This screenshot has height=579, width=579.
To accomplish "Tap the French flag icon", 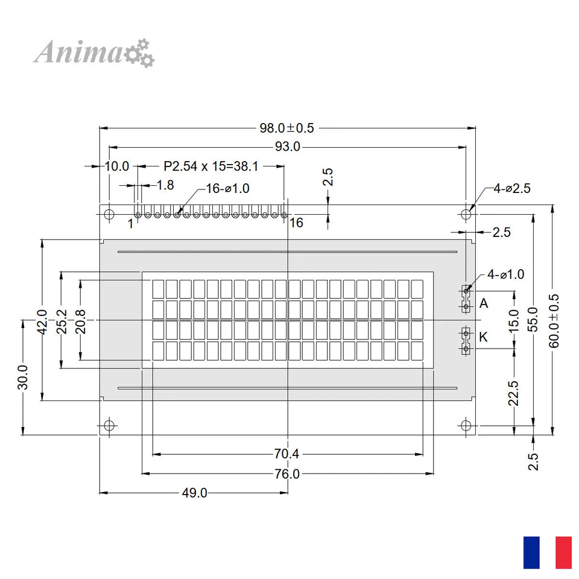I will point(547,552).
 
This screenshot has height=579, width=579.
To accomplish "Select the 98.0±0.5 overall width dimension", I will point(287,128).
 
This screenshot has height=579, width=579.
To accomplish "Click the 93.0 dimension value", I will point(287,147).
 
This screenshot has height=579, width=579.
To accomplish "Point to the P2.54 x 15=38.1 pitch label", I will point(210,166).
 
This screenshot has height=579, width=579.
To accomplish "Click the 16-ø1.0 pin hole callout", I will point(227,188).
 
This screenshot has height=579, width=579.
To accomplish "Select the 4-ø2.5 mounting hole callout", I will point(511,188).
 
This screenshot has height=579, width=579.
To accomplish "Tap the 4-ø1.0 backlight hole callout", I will point(505,274).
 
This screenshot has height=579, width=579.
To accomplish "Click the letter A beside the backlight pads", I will point(484,303).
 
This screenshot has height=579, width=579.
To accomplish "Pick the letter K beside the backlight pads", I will point(483,337).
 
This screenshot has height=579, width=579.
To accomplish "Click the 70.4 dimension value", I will point(287,454).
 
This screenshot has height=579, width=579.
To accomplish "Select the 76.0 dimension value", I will point(287,474).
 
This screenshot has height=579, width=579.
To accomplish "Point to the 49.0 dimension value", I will point(194,493).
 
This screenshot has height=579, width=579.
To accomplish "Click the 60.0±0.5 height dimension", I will point(554,320).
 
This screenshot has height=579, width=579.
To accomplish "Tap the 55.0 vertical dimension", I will point(533,320).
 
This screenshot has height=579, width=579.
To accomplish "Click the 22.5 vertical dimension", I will point(513,392).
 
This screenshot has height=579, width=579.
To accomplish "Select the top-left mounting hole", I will point(109,214).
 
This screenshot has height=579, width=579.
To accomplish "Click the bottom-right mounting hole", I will point(466,425).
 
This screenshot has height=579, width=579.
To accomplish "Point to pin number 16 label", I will point(296,223).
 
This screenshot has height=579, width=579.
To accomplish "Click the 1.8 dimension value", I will point(165,185).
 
